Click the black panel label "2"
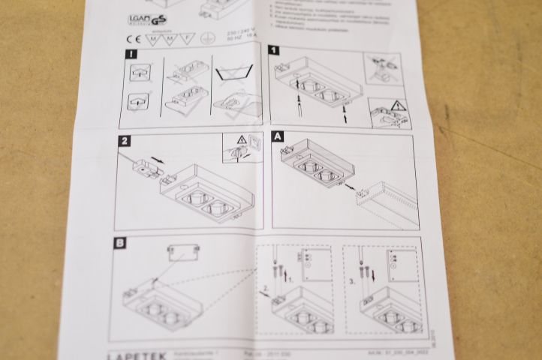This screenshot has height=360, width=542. [x=125, y=141]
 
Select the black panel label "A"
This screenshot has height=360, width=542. [x=279, y=137]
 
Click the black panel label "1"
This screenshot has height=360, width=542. [x=275, y=50]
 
